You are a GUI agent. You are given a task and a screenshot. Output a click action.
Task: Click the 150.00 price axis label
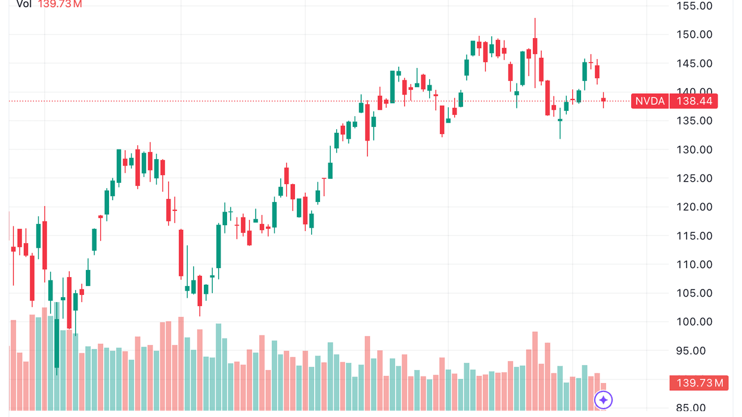click(694, 35)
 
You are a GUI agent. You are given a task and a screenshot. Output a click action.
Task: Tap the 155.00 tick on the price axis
click(694, 6)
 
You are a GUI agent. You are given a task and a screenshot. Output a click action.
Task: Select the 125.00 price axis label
click(694, 178)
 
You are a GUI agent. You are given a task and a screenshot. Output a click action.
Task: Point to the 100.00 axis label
click(694, 322)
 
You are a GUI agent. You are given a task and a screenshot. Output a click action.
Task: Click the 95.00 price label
click(694, 350)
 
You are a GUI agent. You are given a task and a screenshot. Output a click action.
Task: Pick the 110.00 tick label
click(694, 264)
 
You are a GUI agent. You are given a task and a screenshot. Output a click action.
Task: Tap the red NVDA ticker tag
click(650, 101)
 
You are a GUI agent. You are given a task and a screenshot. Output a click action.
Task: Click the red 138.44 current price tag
click(694, 101)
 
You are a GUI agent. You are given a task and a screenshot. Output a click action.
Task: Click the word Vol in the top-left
click(24, 4)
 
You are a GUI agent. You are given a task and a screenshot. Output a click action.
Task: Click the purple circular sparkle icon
click(603, 400)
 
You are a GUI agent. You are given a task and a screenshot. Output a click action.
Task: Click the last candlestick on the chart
click(603, 99)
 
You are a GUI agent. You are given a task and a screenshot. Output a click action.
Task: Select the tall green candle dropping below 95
click(57, 343)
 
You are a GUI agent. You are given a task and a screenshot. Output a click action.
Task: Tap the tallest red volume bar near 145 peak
click(535, 369)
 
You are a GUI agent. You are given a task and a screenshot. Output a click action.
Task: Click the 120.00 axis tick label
click(694, 207)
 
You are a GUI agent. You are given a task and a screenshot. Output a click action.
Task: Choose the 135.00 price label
click(694, 121)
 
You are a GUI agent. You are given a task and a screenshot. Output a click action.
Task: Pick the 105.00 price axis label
click(694, 293)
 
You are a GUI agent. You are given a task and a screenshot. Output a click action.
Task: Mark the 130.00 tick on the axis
click(694, 150)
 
